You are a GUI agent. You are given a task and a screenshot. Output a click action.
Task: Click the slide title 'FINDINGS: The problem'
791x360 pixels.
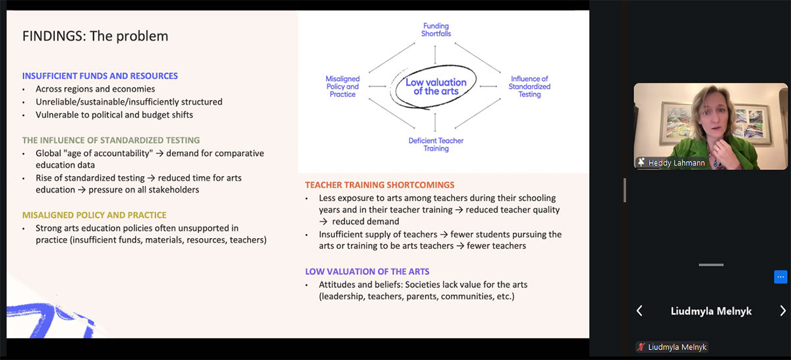coord(95,36)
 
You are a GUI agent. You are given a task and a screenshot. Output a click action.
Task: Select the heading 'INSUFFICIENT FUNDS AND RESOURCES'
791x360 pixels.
coord(100,76)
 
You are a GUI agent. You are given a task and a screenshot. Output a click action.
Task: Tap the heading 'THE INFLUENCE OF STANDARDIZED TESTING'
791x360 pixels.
coord(111,140)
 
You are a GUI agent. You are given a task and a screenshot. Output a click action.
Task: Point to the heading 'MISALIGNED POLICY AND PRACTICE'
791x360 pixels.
coord(94,215)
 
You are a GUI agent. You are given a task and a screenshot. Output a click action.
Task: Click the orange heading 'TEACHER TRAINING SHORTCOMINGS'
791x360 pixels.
coord(380,185)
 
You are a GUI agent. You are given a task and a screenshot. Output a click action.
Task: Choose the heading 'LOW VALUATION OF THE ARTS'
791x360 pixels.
coord(367,272)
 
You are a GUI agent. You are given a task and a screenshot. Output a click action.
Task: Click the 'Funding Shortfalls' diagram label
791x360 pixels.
coord(436,30)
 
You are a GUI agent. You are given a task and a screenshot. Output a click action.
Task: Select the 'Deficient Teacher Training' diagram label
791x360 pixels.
coord(436,144)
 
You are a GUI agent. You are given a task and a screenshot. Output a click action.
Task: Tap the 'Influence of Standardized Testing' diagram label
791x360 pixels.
coord(529,86)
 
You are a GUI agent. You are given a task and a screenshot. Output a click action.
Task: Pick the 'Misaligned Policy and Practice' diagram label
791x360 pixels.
coord(343,86)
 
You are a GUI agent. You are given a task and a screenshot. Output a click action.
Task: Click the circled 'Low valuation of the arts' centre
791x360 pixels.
coord(436,86)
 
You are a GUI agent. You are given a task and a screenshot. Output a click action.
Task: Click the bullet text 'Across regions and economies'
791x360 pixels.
coord(95,89)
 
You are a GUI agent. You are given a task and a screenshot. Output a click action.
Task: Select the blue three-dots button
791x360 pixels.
coord(780,277)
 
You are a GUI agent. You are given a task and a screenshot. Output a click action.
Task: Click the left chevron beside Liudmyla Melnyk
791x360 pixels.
coord(639,311)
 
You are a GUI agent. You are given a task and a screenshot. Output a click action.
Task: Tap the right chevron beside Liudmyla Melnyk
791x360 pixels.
coord(782,311)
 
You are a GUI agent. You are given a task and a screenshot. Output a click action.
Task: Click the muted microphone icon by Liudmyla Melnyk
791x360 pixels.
coord(641,347)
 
